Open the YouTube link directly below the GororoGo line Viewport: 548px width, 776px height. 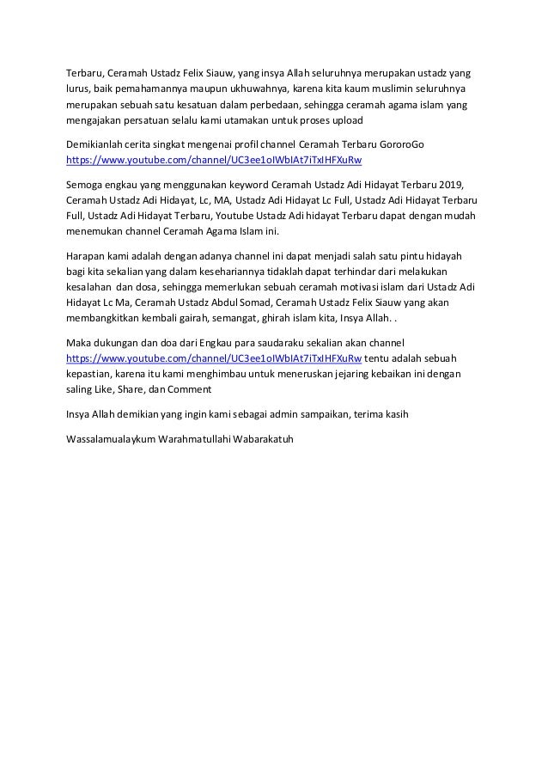coord(214,160)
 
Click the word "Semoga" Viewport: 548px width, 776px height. coord(87,184)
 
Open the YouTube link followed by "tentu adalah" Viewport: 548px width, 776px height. coord(214,359)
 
